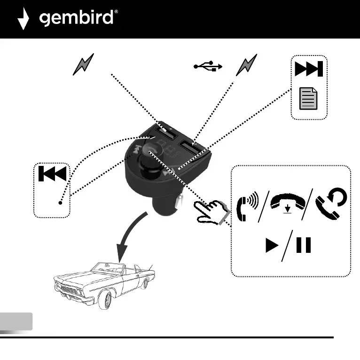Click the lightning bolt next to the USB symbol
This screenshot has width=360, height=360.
pyautogui.click(x=246, y=65)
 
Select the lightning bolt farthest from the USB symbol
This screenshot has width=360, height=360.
pyautogui.click(x=83, y=64)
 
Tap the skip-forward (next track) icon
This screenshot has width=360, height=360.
pyautogui.click(x=308, y=70)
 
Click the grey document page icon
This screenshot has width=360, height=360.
pyautogui.click(x=308, y=99)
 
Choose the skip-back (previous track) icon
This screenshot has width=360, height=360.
pyautogui.click(x=52, y=174)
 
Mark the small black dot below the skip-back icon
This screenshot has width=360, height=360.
pyautogui.click(x=61, y=203)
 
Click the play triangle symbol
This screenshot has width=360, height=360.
pyautogui.click(x=272, y=246)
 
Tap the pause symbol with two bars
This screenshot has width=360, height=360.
pyautogui.click(x=304, y=246)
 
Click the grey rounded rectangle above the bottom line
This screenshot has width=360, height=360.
pyautogui.click(x=16, y=321)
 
